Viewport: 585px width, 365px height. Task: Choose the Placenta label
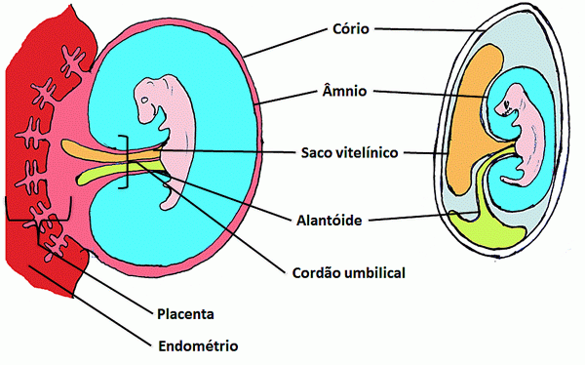click(185, 314)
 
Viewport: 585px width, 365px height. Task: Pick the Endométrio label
click(197, 345)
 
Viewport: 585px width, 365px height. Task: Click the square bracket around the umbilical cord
click(124, 161)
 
